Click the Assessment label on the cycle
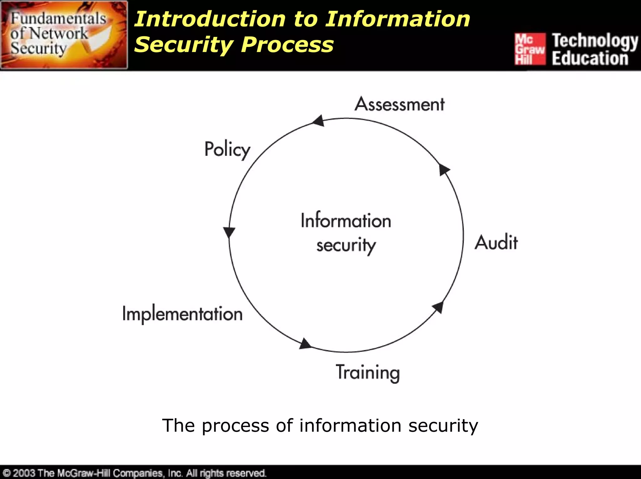(399, 104)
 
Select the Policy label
(227, 150)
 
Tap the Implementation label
(182, 314)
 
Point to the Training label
(368, 372)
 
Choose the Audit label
(496, 242)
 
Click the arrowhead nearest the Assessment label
(319, 121)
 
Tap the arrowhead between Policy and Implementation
(229, 232)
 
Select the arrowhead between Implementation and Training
(305, 344)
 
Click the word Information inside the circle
(346, 221)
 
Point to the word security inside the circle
(346, 245)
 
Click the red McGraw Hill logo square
(530, 49)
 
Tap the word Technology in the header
(595, 41)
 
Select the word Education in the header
(590, 58)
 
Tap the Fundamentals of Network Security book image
(64, 35)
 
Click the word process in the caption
(235, 426)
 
